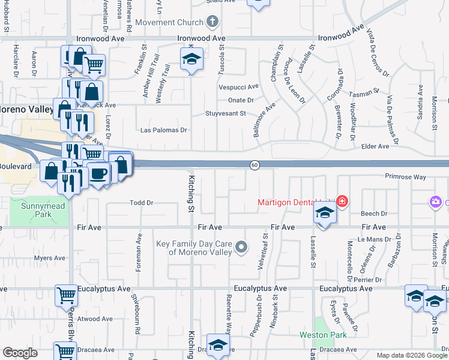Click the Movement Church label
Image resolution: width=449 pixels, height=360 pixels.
(169, 23)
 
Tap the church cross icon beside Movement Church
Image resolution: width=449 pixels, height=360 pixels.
(211, 23)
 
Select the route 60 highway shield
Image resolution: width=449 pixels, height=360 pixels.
(255, 165)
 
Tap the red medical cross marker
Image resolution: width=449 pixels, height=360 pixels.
(342, 201)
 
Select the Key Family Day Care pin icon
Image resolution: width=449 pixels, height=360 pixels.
(241, 247)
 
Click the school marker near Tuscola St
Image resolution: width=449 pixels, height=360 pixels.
(191, 59)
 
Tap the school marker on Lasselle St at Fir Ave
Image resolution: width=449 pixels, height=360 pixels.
(324, 212)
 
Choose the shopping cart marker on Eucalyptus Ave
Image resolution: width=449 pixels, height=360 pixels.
(66, 295)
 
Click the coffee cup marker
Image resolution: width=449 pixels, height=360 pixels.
(99, 173)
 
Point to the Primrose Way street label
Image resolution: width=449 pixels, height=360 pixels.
(405, 178)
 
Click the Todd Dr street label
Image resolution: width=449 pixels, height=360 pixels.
(142, 203)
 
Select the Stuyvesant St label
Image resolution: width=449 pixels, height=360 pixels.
(226, 113)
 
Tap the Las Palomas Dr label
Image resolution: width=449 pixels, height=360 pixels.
(163, 130)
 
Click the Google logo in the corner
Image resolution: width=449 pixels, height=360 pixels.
(20, 353)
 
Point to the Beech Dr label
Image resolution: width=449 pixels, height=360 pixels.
(373, 214)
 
